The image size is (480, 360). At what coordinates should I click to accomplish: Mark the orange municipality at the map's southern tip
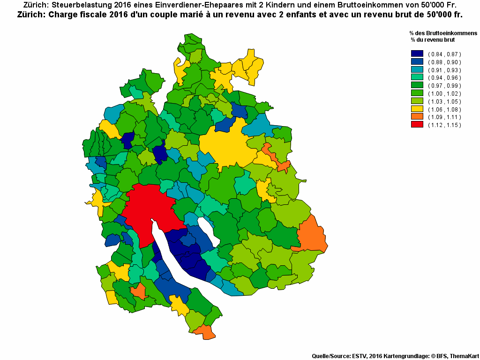(204, 331)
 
